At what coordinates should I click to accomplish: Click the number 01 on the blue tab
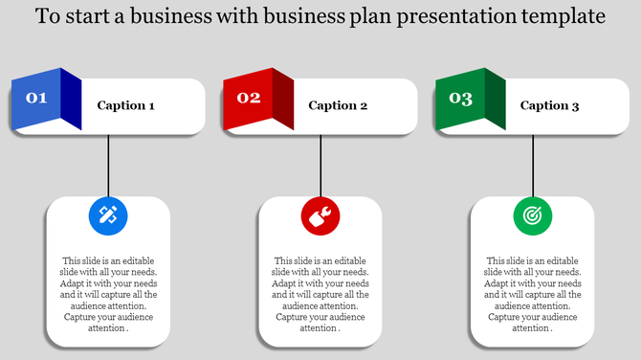[x=36, y=98]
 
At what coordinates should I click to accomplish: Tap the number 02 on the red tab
[x=249, y=98]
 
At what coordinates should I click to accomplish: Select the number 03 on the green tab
[x=460, y=98]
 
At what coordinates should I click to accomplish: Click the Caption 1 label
[x=125, y=106]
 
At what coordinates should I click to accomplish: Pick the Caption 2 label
[x=338, y=106]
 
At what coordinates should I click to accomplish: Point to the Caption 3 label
[x=549, y=106]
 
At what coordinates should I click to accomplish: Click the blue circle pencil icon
[x=108, y=215]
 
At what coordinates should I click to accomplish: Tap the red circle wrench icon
[x=320, y=215]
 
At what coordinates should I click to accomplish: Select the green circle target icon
[x=533, y=215]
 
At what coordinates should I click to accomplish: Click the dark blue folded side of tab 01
[x=71, y=100]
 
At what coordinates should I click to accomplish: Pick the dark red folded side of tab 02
[x=283, y=100]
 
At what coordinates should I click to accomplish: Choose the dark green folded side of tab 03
[x=495, y=100]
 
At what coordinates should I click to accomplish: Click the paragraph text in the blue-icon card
[x=108, y=294]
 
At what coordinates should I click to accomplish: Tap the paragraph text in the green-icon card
[x=533, y=294]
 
